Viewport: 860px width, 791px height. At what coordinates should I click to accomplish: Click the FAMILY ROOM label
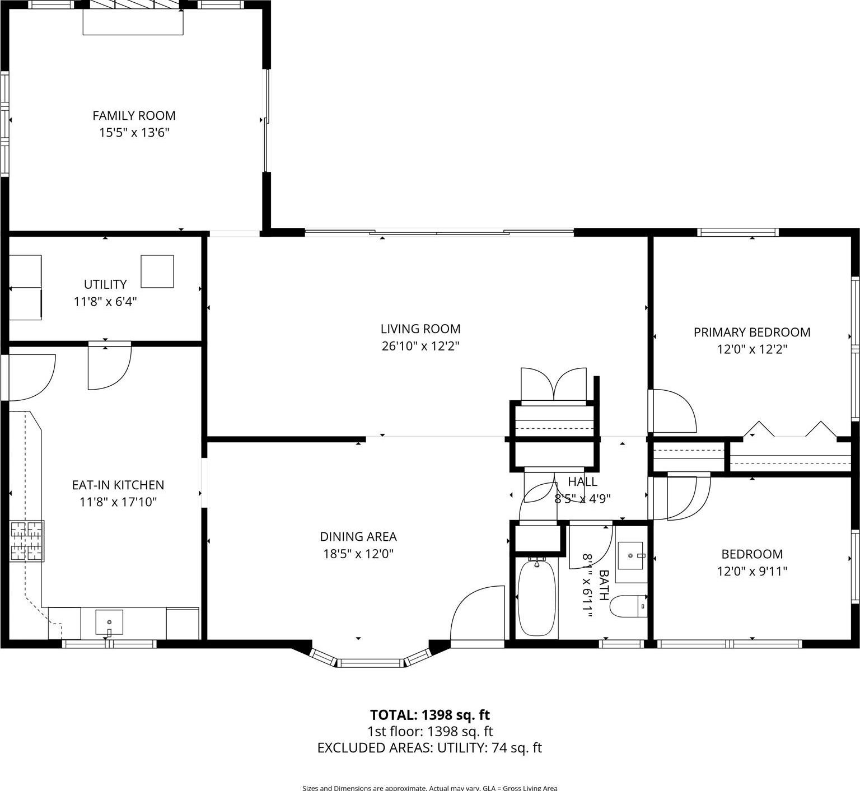[x=134, y=115]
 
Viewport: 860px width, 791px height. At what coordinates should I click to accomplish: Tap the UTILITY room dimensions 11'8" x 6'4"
[x=105, y=302]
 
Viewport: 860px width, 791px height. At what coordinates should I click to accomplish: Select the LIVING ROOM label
[x=420, y=329]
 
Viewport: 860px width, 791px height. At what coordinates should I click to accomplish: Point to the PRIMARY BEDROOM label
[x=751, y=332]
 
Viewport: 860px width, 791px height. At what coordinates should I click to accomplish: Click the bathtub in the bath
[x=536, y=598]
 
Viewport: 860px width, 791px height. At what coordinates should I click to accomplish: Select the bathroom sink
[x=631, y=555]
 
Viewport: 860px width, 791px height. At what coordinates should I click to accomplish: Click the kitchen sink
[x=109, y=622]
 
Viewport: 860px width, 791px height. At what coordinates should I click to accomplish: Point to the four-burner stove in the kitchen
[x=27, y=541]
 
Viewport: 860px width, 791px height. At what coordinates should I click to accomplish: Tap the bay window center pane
[x=371, y=663]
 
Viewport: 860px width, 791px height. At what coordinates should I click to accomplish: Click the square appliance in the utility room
[x=157, y=272]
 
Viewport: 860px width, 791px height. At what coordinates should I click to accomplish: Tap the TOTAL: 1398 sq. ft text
[x=429, y=715]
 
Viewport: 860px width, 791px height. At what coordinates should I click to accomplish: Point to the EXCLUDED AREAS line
[x=429, y=748]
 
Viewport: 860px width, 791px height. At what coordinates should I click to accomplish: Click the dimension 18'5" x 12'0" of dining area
[x=358, y=554]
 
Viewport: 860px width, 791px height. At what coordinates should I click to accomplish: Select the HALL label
[x=582, y=481]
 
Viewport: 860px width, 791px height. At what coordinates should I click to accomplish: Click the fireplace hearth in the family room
[x=133, y=21]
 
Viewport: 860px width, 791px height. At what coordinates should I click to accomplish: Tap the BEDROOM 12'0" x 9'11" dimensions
[x=751, y=572]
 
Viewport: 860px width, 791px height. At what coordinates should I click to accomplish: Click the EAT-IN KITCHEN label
[x=118, y=485]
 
